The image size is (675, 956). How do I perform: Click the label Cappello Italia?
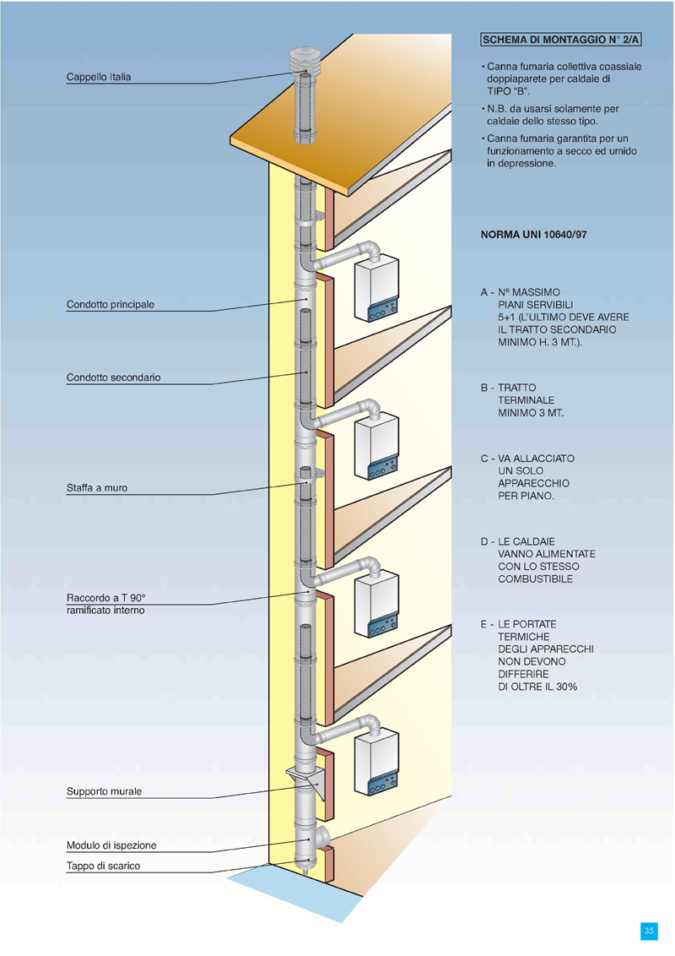tap(99, 78)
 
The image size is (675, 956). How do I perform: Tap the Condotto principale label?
tap(111, 305)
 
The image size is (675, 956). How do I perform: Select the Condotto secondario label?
tap(113, 378)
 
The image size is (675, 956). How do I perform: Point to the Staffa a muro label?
tap(97, 488)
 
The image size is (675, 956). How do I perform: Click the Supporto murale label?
tap(104, 792)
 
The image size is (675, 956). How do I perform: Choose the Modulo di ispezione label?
tap(111, 845)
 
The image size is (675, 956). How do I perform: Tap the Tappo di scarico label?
tap(104, 866)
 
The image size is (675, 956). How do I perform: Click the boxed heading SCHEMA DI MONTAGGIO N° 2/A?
tap(561, 41)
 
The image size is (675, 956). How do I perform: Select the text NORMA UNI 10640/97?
tap(533, 236)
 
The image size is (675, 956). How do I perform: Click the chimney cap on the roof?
tap(303, 62)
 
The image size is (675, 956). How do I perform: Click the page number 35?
tap(650, 931)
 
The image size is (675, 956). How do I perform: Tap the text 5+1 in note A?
tap(507, 318)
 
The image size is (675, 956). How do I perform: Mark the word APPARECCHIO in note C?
tap(533, 483)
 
